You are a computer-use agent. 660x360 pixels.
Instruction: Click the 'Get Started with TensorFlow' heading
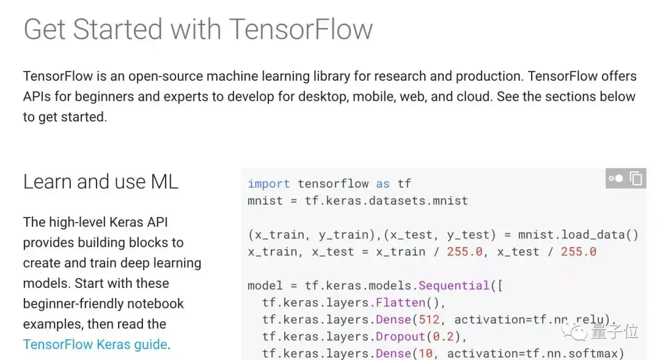[x=197, y=29]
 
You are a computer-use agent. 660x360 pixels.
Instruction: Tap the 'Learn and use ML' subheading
[x=101, y=182]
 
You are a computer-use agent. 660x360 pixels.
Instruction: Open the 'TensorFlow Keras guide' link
[x=95, y=344]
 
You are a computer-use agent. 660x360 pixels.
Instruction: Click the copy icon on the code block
[x=636, y=178]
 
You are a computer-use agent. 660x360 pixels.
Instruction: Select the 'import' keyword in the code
[x=268, y=183]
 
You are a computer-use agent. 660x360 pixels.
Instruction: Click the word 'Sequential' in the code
[x=453, y=285]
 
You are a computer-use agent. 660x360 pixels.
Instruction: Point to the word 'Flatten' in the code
[x=400, y=303]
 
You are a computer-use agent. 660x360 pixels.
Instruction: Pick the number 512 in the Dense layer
[x=429, y=319]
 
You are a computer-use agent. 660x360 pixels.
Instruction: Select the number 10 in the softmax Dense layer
[x=425, y=353]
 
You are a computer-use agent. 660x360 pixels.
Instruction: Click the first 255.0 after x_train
[x=464, y=252]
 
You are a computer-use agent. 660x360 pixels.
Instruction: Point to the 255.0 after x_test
[x=578, y=252]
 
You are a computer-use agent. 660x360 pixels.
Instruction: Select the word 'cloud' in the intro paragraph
[x=474, y=97]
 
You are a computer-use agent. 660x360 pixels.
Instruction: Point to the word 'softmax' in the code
[x=595, y=353]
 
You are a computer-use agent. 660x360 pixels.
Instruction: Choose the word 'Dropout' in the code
[x=400, y=336]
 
